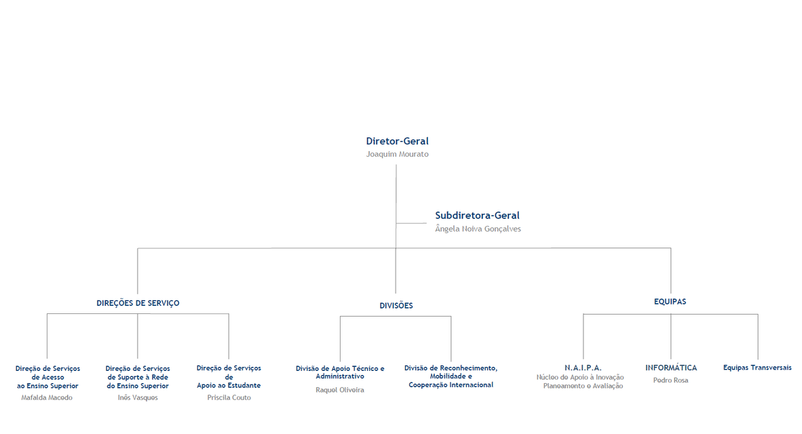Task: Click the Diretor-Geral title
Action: (x=398, y=141)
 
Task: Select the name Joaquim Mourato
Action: (x=398, y=155)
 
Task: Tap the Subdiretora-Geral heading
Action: (x=477, y=216)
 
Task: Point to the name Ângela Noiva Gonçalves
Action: (x=478, y=229)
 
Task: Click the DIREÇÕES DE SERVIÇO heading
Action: (x=138, y=303)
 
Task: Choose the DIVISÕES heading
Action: (x=396, y=306)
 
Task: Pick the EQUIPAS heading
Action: (x=670, y=302)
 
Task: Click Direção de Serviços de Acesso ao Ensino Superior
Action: (x=47, y=377)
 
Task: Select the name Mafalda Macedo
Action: (x=47, y=397)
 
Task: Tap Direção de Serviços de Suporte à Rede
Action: (x=138, y=377)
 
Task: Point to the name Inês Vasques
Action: (x=138, y=397)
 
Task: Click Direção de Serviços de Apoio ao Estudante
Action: (x=229, y=377)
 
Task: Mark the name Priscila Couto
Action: (x=229, y=397)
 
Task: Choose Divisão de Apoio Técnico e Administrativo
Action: (x=340, y=372)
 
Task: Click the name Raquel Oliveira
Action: (x=340, y=390)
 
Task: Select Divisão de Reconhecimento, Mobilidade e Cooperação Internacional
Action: (x=451, y=376)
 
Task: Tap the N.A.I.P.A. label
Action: (x=583, y=368)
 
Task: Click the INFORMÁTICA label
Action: (x=671, y=368)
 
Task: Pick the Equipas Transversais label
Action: (x=757, y=368)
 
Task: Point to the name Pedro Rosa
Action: (x=670, y=380)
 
